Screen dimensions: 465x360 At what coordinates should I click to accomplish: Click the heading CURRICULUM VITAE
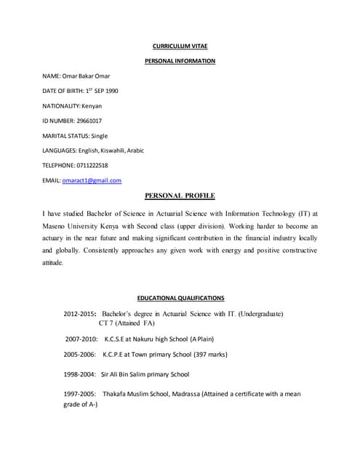point(180,46)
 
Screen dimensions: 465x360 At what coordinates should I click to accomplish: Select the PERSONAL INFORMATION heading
point(180,61)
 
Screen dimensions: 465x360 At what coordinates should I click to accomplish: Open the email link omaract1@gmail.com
point(92,180)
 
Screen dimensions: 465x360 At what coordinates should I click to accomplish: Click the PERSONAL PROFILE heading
point(180,195)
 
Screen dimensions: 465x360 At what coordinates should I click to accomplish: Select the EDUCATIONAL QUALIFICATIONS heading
point(180,298)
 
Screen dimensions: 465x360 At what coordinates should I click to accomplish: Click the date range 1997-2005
point(80,394)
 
